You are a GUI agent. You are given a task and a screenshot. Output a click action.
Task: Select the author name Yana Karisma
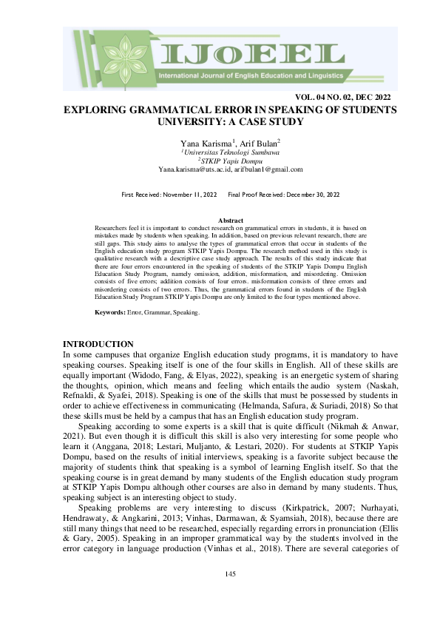[x=205, y=142]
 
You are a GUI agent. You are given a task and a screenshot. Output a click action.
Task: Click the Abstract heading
[x=231, y=220]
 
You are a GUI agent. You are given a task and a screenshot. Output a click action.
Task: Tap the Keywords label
[x=109, y=313]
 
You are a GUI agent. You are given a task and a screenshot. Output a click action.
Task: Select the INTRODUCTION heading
[x=98, y=344]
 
